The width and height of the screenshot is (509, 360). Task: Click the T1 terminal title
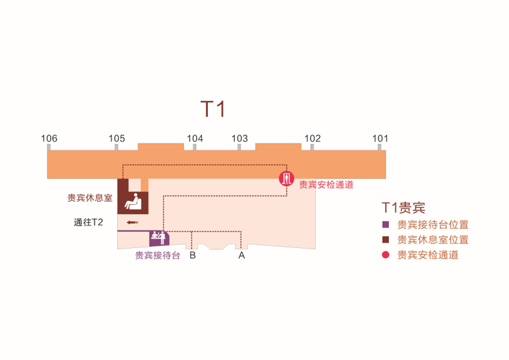213,109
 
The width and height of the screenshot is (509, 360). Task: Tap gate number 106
49,139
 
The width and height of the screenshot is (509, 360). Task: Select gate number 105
117,139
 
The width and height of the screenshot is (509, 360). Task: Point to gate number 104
195,139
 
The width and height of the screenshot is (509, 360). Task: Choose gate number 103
239,139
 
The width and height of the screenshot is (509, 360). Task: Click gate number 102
312,139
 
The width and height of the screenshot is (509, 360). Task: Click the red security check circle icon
286,179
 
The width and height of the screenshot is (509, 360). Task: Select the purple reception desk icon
158,238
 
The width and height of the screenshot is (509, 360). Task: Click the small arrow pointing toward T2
132,222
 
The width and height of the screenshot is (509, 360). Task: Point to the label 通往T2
89,223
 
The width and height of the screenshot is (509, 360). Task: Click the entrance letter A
241,256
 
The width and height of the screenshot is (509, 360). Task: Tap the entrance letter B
192,256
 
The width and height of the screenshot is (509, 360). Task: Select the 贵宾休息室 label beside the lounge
90,198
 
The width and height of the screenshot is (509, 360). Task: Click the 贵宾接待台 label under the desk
158,256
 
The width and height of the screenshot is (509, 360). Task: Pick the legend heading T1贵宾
404,207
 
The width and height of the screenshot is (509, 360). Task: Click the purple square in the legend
386,224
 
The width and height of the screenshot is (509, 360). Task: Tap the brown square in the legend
386,240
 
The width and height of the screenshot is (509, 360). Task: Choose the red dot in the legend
386,255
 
